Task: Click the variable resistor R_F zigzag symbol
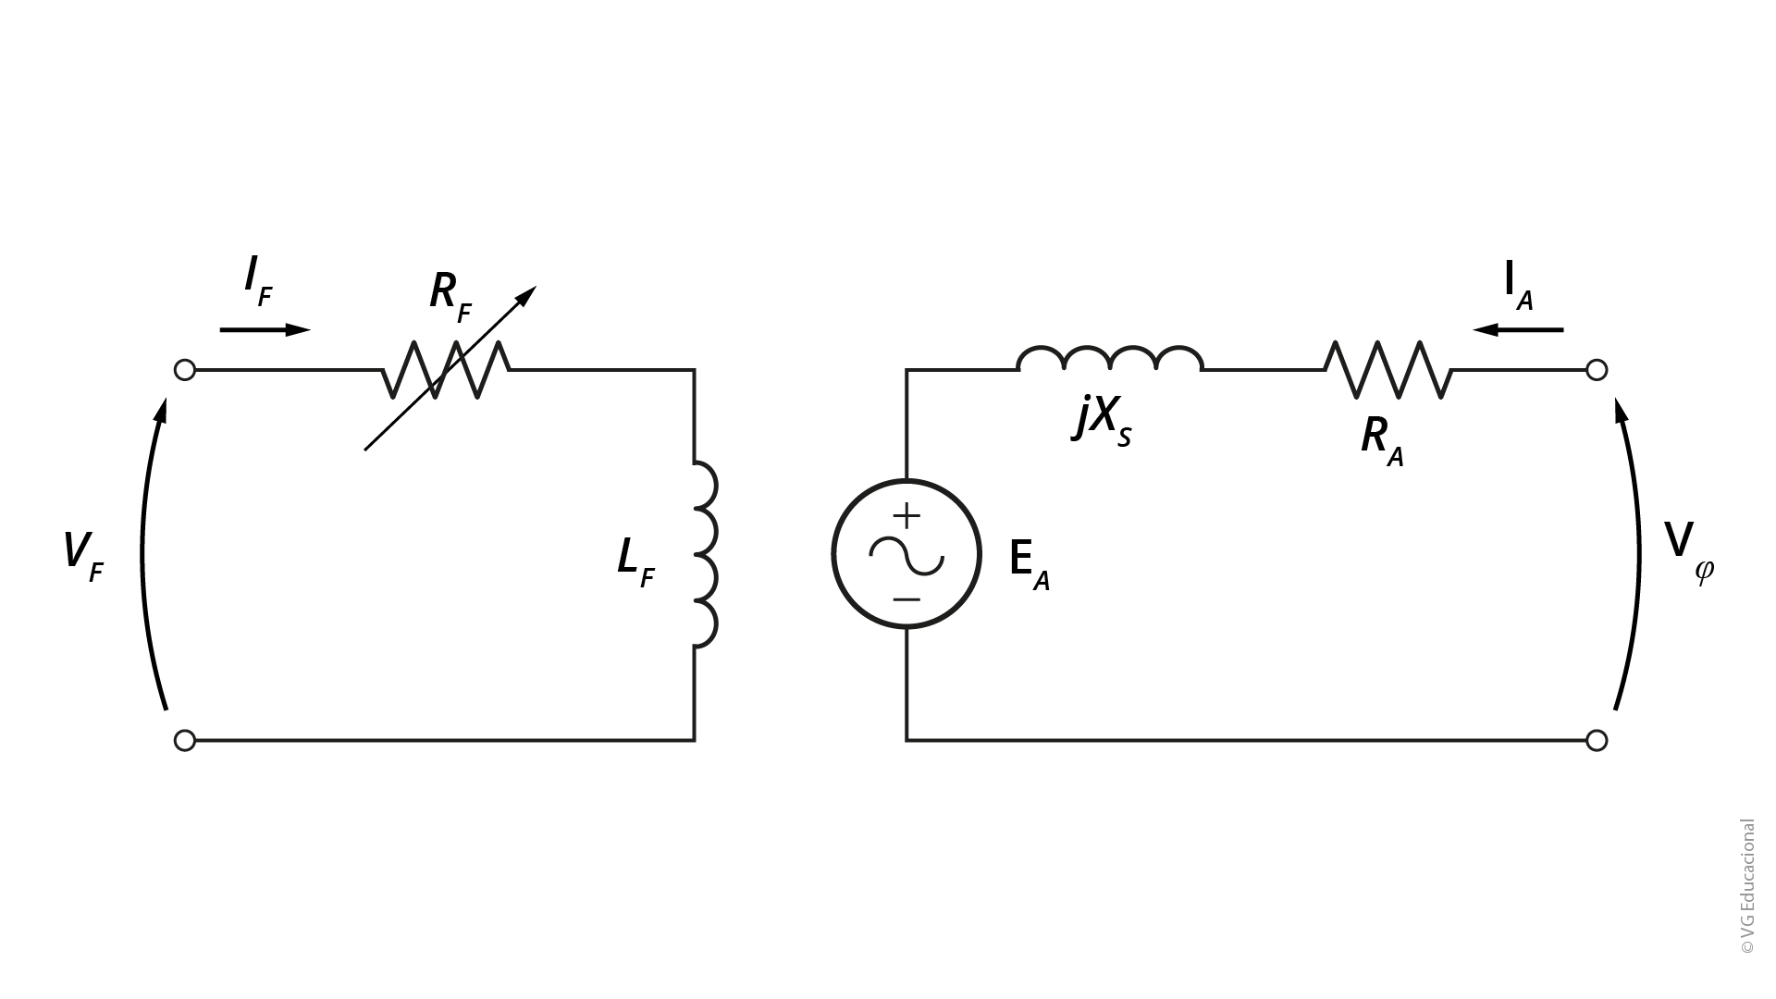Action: point(447,370)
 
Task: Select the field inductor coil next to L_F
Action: point(705,554)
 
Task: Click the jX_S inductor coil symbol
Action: point(1110,359)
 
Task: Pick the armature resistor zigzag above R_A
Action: point(1388,370)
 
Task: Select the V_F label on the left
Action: point(83,556)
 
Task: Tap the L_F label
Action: point(636,562)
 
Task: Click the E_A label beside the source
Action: point(1030,563)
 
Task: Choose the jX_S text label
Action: point(1103,422)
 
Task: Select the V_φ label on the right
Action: point(1689,551)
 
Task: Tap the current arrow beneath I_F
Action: point(265,329)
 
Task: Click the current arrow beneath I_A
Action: point(1518,329)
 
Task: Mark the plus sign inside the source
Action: point(906,515)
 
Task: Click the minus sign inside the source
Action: point(906,599)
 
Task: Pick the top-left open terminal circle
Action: point(185,370)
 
